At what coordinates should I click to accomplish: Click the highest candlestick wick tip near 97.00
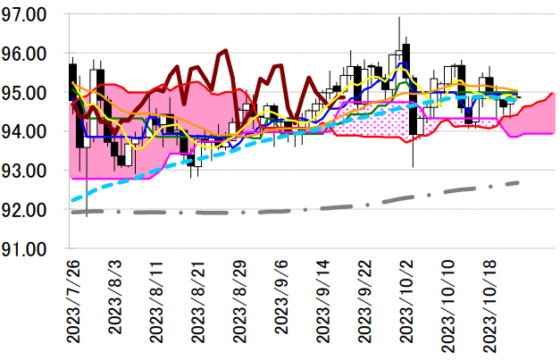[x=398, y=17]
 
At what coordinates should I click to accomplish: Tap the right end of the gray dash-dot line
[x=519, y=182]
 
